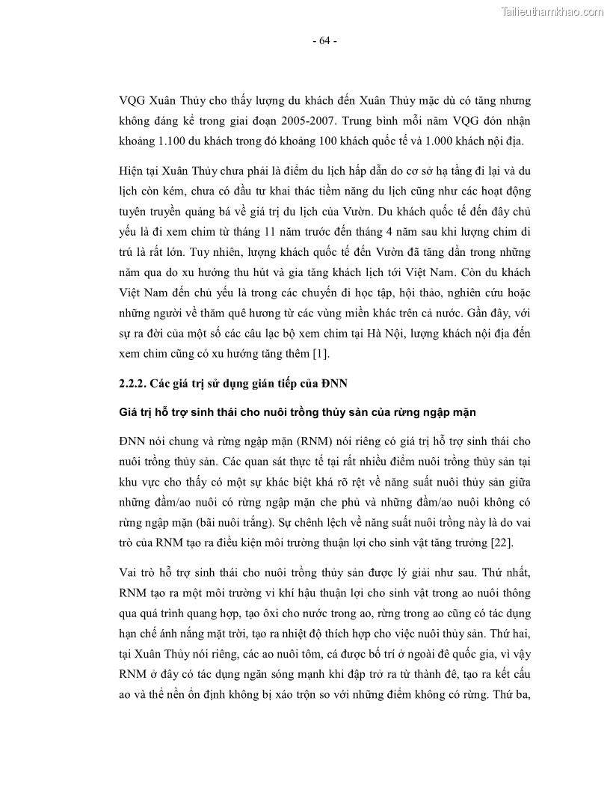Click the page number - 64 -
tap(324, 41)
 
